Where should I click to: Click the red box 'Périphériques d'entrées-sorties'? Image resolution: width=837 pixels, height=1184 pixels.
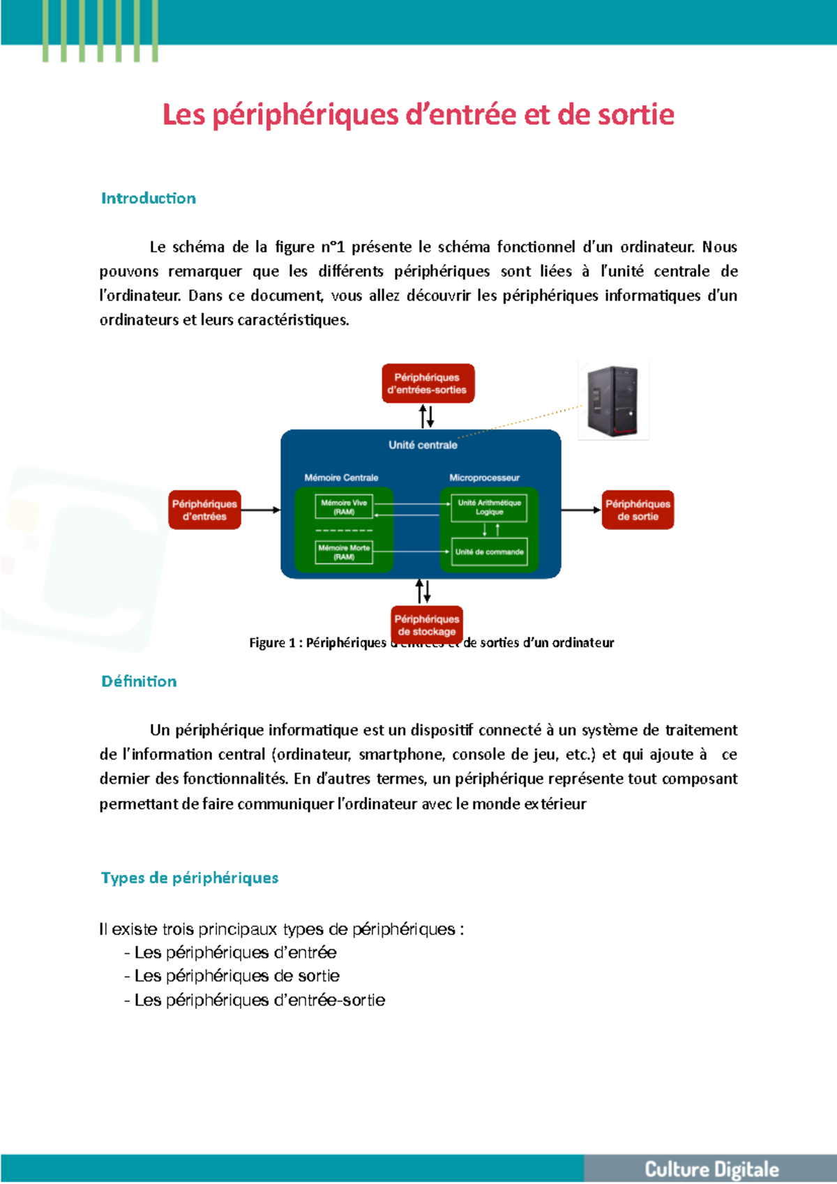pyautogui.click(x=428, y=384)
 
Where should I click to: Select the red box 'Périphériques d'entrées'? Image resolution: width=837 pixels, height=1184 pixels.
pyautogui.click(x=204, y=510)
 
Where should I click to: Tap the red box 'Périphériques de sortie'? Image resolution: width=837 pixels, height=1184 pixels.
pyautogui.click(x=638, y=510)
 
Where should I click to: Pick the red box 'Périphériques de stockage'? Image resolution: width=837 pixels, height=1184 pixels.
pyautogui.click(x=427, y=624)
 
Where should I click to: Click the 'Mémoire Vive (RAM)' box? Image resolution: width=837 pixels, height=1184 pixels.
pyautogui.click(x=344, y=507)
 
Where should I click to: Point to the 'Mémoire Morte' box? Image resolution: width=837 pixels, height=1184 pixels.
pyautogui.click(x=344, y=552)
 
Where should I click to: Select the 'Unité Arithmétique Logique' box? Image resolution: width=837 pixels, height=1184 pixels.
pyautogui.click(x=489, y=508)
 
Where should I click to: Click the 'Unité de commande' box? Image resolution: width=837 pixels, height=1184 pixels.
pyautogui.click(x=489, y=552)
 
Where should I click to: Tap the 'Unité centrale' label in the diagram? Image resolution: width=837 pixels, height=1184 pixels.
pyautogui.click(x=423, y=445)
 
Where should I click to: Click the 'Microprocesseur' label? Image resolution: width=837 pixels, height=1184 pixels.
pyautogui.click(x=484, y=478)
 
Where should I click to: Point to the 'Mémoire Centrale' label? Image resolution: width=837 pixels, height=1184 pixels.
pyautogui.click(x=341, y=478)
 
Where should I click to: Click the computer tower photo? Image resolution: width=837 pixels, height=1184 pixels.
pyautogui.click(x=613, y=400)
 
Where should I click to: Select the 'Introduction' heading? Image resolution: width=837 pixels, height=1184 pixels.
pyautogui.click(x=149, y=198)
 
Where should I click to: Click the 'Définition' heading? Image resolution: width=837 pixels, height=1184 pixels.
pyautogui.click(x=139, y=681)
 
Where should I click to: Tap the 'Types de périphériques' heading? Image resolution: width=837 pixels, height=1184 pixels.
pyautogui.click(x=190, y=878)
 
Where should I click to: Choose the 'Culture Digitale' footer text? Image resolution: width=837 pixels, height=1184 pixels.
pyautogui.click(x=711, y=1169)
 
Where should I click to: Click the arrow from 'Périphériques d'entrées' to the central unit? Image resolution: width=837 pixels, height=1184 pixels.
pyautogui.click(x=260, y=510)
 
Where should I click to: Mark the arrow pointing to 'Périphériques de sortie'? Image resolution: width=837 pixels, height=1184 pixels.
pyautogui.click(x=581, y=510)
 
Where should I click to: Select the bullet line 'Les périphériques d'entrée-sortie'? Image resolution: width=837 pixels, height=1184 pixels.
pyautogui.click(x=259, y=1000)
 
